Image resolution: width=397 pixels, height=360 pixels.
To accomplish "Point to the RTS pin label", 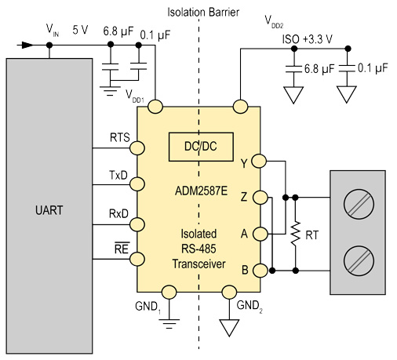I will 120,137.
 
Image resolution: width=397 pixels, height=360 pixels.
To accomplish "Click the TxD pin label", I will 120,175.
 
